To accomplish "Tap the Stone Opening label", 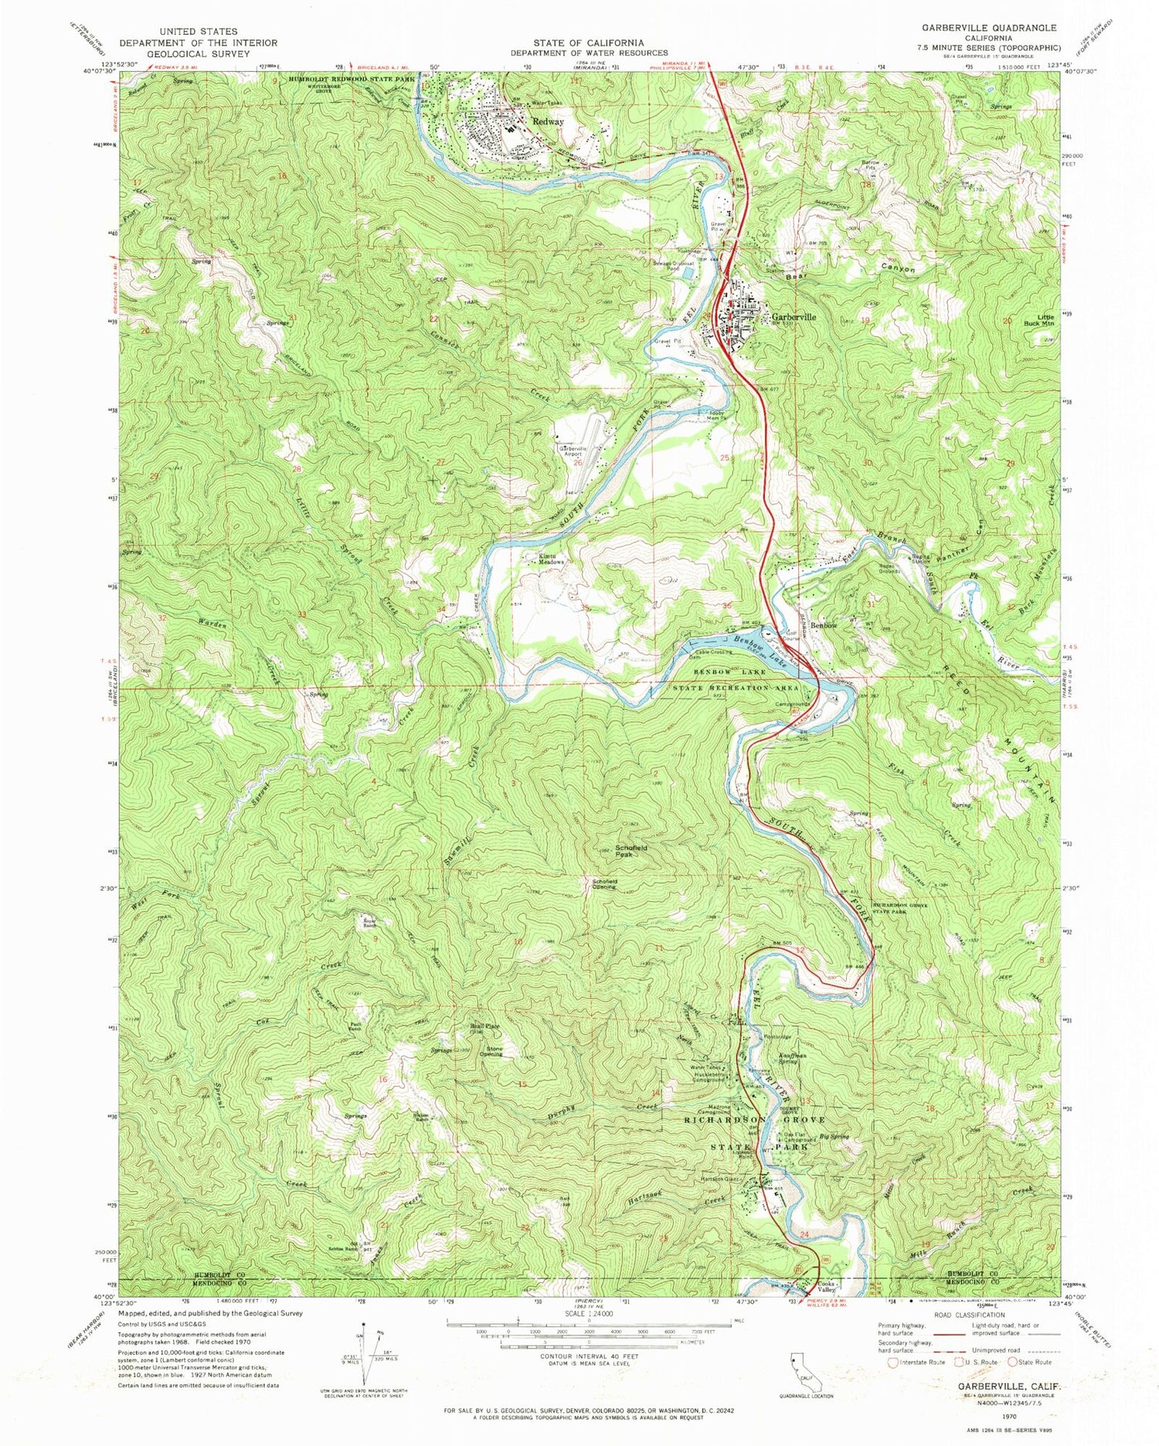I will click(x=491, y=1051).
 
